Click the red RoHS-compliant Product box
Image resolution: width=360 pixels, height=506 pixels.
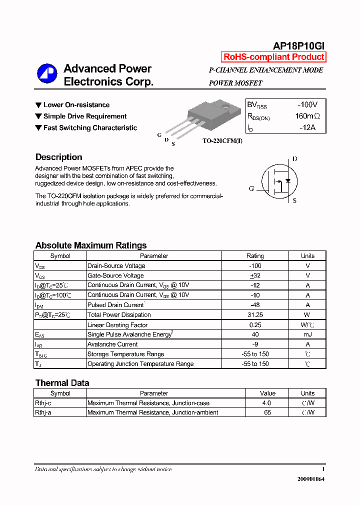(x=273, y=57)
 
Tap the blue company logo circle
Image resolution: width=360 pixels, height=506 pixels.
(x=47, y=73)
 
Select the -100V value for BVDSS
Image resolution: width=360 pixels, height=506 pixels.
(x=307, y=105)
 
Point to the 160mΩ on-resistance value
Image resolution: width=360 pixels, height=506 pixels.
(x=306, y=116)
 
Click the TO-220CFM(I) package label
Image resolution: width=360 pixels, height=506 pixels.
(x=222, y=141)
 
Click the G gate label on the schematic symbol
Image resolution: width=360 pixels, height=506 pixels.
(x=251, y=188)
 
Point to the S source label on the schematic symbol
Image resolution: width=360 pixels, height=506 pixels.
(x=294, y=200)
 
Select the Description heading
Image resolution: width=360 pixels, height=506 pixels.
(x=58, y=157)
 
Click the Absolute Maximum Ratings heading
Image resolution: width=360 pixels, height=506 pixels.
(x=91, y=245)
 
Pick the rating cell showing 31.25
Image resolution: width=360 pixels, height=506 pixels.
(x=255, y=315)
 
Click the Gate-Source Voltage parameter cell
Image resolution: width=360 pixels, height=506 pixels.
(x=115, y=275)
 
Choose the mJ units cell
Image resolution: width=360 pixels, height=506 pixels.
(x=307, y=334)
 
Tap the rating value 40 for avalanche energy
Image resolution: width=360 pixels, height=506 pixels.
(x=255, y=334)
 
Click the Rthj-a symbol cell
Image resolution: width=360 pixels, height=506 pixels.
(x=43, y=412)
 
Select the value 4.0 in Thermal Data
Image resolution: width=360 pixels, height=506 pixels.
(x=266, y=403)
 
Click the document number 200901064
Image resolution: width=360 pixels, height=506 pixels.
(x=310, y=479)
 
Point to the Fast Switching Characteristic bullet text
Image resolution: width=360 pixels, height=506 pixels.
(x=90, y=128)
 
